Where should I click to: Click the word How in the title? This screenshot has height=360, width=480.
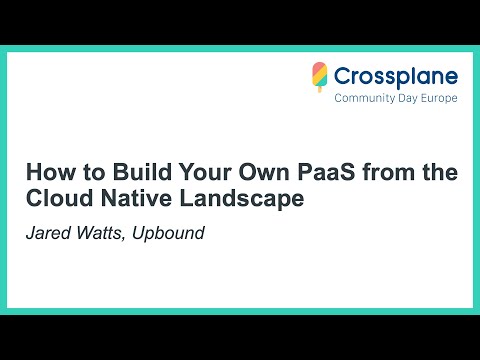[x=46, y=173]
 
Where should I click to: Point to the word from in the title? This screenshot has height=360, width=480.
[x=376, y=173]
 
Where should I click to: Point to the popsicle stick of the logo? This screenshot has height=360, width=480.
[x=320, y=89]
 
